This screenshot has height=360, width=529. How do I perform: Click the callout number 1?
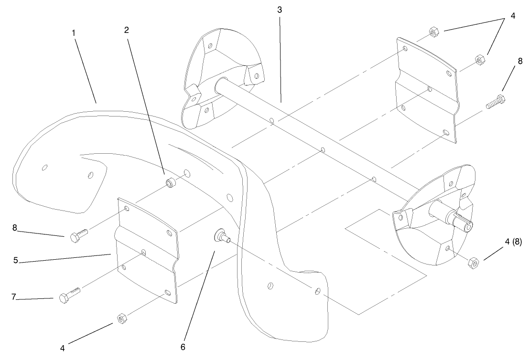pyautogui.click(x=74, y=33)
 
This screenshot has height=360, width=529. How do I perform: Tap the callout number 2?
pyautogui.click(x=127, y=30)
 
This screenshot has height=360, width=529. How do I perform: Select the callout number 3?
pyautogui.click(x=280, y=10)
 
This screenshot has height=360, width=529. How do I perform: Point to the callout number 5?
pyautogui.click(x=15, y=260)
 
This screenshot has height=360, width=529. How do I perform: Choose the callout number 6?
pyautogui.click(x=183, y=347)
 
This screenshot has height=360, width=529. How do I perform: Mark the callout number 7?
pyautogui.click(x=14, y=297)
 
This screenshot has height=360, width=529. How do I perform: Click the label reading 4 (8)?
pyautogui.click(x=513, y=242)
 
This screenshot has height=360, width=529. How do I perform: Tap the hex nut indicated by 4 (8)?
pyautogui.click(x=474, y=263)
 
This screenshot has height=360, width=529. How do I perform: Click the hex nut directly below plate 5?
pyautogui.click(x=121, y=318)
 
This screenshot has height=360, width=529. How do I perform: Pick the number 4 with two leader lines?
pyautogui.click(x=513, y=15)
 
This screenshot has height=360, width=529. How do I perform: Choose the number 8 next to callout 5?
pyautogui.click(x=14, y=228)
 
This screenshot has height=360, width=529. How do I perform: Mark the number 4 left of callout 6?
pyautogui.click(x=63, y=349)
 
